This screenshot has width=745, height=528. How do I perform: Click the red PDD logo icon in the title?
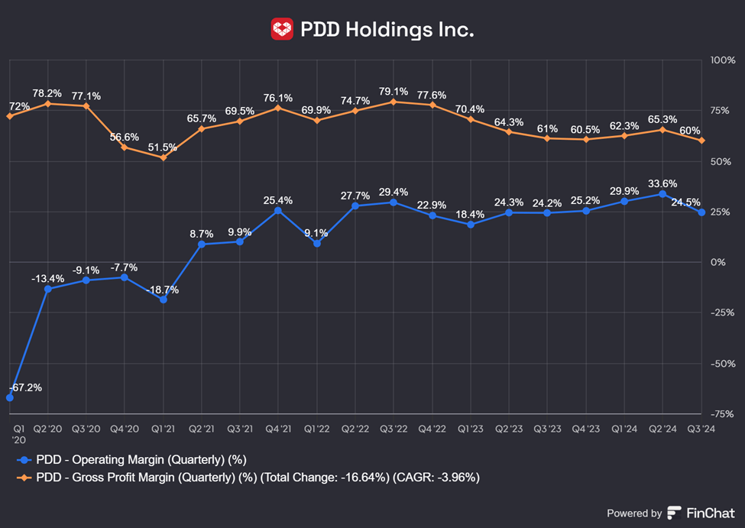282,30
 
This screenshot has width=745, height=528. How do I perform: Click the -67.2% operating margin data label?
25,387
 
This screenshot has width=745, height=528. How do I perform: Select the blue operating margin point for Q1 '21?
163,300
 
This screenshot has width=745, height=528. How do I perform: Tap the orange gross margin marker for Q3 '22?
393,102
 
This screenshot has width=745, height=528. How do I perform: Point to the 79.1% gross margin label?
393,89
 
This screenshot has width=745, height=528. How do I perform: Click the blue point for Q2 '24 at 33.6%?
662,194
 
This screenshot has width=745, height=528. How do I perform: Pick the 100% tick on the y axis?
722,60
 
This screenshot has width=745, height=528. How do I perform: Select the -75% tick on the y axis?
722,414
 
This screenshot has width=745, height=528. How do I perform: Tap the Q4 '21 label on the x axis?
277,429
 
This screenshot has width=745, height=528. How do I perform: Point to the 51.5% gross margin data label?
163,147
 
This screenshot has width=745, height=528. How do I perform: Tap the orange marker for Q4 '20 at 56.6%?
125,147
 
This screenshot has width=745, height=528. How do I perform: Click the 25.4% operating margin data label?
277,200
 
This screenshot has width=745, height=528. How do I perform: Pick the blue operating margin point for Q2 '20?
47,289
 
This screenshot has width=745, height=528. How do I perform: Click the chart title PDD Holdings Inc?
387,30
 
